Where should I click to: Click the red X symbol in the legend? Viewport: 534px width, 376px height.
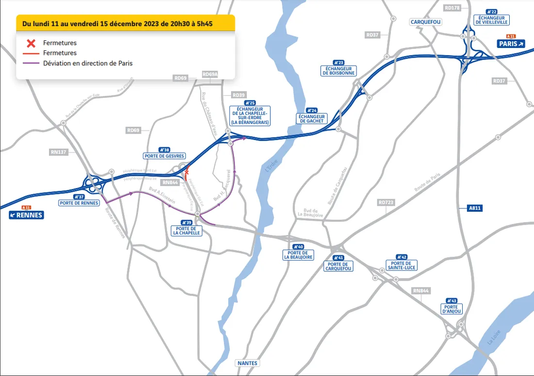30,43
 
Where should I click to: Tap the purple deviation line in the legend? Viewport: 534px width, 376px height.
30,63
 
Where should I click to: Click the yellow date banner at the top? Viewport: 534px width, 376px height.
125,22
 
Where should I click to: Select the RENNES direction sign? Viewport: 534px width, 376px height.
26,215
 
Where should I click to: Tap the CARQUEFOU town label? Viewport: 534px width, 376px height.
426,22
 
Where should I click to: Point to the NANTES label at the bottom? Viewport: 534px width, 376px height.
248,363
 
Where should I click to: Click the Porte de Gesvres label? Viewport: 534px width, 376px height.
164,156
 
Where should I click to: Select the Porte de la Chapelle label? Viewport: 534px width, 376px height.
185,231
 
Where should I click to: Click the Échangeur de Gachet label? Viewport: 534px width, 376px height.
312,118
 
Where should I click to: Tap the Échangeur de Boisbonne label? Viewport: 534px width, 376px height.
338,70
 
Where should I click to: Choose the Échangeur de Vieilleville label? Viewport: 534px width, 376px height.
492,19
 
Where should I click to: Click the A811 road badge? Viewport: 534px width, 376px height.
475,208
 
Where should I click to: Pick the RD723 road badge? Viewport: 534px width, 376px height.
386,202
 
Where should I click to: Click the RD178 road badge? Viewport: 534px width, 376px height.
452,8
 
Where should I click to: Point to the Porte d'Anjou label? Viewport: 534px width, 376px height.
451,309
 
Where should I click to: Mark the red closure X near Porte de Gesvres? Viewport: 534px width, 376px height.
186,172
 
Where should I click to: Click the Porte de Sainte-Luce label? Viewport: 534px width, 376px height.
401,265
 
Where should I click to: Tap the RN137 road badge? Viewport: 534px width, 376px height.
58,152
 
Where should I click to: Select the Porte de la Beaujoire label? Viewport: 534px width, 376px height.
298,255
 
